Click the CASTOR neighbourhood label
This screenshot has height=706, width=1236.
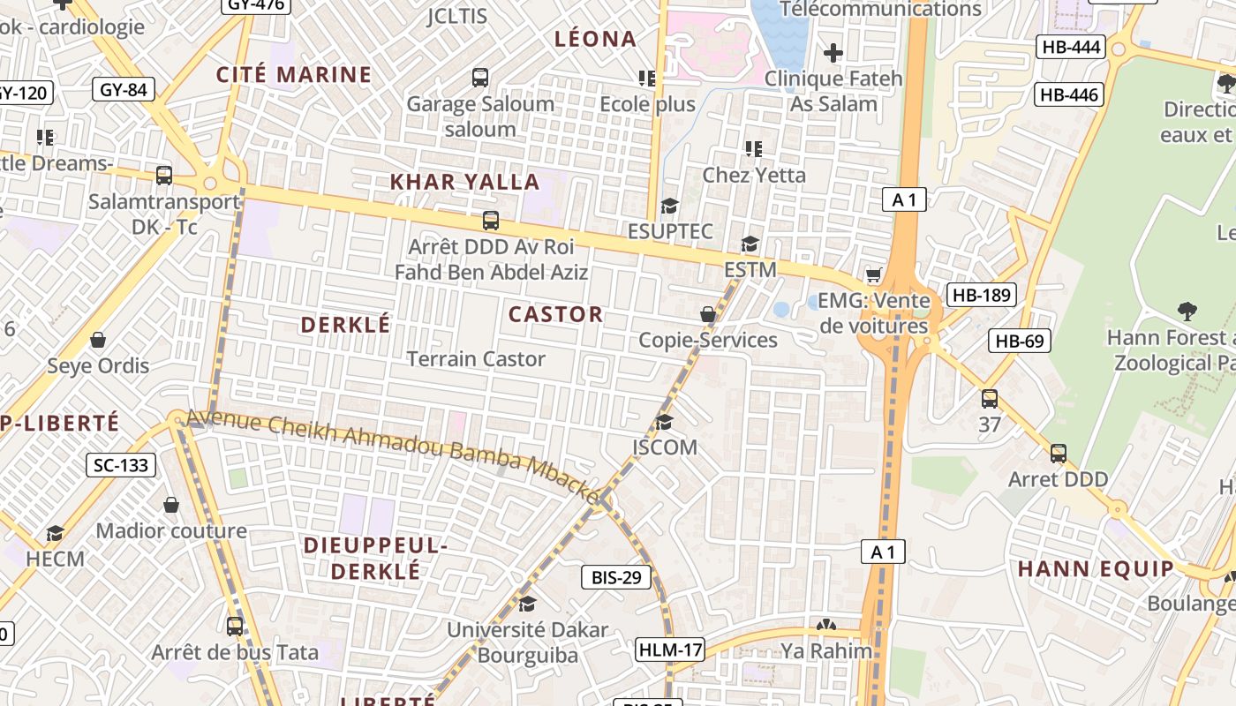pyautogui.click(x=555, y=314)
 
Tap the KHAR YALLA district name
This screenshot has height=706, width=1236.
pyautogui.click(x=464, y=182)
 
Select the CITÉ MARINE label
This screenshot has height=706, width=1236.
pyautogui.click(x=294, y=74)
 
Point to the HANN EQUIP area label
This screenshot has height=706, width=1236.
pyautogui.click(x=1096, y=568)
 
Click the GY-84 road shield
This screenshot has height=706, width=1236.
pyautogui.click(x=124, y=88)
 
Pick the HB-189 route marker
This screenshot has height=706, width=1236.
pyautogui.click(x=981, y=295)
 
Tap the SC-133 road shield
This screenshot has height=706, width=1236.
pyautogui.click(x=121, y=465)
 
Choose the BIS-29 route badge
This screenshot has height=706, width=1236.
pyautogui.click(x=615, y=578)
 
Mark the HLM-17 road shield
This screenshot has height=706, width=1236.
pyautogui.click(x=670, y=650)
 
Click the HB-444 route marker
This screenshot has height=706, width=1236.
pyautogui.click(x=1071, y=47)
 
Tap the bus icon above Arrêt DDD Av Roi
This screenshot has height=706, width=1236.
pyautogui.click(x=491, y=221)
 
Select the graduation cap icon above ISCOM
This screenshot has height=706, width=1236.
pyautogui.click(x=664, y=422)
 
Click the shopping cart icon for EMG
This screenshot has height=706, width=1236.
pyautogui.click(x=874, y=275)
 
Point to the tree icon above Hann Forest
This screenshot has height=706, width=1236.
pyautogui.click(x=1187, y=311)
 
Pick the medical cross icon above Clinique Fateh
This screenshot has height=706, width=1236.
pyautogui.click(x=833, y=53)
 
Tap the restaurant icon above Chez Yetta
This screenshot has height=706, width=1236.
pyautogui.click(x=753, y=148)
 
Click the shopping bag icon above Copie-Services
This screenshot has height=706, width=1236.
pyautogui.click(x=708, y=314)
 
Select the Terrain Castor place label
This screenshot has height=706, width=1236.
pyautogui.click(x=476, y=359)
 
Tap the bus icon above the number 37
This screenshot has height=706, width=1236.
pyautogui.click(x=990, y=399)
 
